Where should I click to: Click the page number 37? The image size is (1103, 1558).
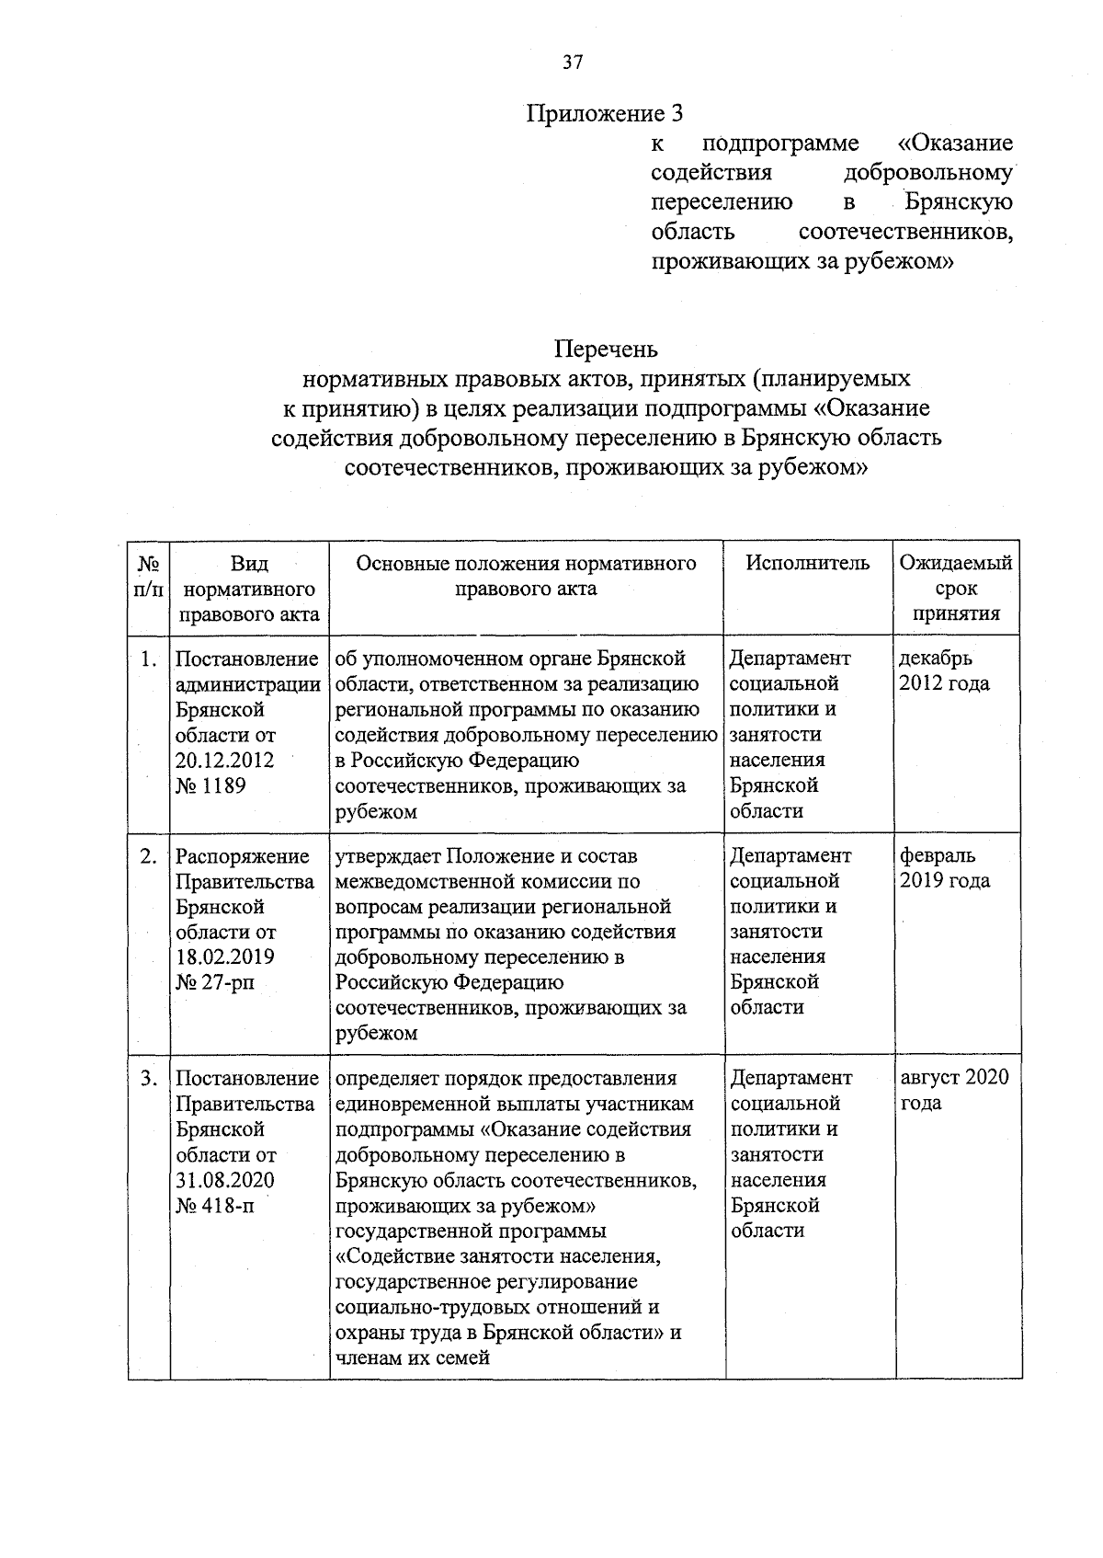point(572,63)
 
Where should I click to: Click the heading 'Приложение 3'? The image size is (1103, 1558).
point(605,114)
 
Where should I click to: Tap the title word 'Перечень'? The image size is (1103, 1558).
point(606,350)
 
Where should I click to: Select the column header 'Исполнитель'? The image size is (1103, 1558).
point(807,563)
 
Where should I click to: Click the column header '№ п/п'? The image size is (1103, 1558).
point(149,575)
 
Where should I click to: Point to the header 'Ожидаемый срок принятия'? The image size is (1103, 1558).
point(956,588)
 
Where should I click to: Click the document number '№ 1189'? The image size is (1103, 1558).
point(210,785)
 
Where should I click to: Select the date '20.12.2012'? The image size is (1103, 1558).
point(224,761)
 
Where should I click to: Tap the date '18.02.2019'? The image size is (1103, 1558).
point(224,957)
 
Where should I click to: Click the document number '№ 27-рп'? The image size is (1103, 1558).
point(214,982)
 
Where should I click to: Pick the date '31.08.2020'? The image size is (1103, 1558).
point(224,1180)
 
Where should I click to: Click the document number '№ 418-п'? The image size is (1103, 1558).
point(214,1205)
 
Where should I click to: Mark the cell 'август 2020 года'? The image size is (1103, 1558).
point(953,1090)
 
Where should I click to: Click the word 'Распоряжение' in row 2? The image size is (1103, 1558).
point(242,856)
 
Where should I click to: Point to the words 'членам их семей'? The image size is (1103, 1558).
point(413,1358)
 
